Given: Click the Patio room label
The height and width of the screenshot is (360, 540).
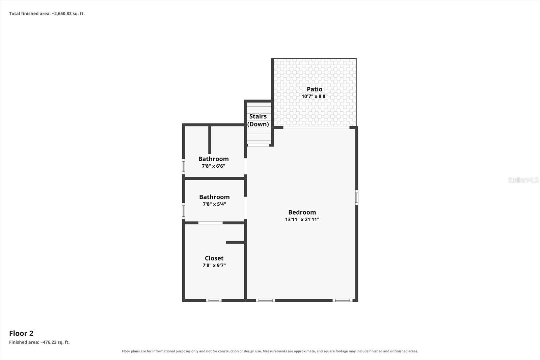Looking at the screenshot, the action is pyautogui.click(x=314, y=89).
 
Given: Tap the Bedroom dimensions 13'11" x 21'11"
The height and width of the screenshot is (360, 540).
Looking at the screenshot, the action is pyautogui.click(x=302, y=219).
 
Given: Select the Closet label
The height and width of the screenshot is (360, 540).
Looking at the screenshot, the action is pyautogui.click(x=214, y=258).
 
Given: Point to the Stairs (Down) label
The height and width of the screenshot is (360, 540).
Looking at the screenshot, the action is pyautogui.click(x=258, y=120).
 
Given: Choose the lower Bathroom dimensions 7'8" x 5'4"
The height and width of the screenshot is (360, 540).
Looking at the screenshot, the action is pyautogui.click(x=214, y=204).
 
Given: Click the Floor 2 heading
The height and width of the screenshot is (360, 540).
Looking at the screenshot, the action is pyautogui.click(x=21, y=333).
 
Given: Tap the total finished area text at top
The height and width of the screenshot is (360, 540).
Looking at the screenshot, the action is pyautogui.click(x=47, y=13).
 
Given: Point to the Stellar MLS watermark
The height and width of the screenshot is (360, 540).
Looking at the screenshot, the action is pyautogui.click(x=523, y=180).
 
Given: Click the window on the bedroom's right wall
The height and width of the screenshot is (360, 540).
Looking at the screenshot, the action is pyautogui.click(x=356, y=198).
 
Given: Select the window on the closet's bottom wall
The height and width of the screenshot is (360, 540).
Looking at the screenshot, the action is pyautogui.click(x=214, y=300).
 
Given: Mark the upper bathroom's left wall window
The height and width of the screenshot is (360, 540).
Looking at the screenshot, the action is pyautogui.click(x=184, y=166).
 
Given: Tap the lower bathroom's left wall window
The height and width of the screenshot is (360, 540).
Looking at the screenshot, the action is pyautogui.click(x=184, y=211).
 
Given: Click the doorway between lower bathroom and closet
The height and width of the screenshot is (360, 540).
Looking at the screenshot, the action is pyautogui.click(x=211, y=223).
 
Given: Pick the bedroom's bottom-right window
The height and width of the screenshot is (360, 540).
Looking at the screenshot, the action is pyautogui.click(x=342, y=300).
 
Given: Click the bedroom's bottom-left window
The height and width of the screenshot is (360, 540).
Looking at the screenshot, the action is pyautogui.click(x=265, y=300).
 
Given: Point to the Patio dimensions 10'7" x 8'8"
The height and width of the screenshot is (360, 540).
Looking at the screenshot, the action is pyautogui.click(x=314, y=96).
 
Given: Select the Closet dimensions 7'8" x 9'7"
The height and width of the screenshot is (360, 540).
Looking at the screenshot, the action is pyautogui.click(x=214, y=265).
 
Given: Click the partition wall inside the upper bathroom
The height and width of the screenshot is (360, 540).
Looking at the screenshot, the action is pyautogui.click(x=210, y=140).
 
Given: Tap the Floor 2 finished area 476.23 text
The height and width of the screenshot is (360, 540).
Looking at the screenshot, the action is pyautogui.click(x=39, y=342).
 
